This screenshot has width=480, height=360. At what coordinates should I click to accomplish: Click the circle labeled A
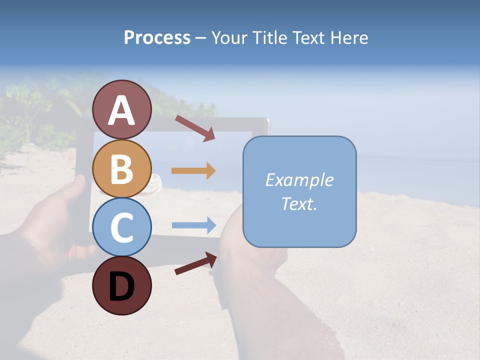pyautogui.click(x=122, y=109)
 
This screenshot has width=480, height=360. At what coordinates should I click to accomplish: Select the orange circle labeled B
pyautogui.click(x=122, y=168)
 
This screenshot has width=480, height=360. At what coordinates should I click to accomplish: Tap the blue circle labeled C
pyautogui.click(x=122, y=227)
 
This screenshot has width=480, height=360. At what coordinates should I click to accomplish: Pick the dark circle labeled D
pyautogui.click(x=122, y=285)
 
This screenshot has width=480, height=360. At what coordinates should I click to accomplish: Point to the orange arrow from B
pyautogui.click(x=193, y=170)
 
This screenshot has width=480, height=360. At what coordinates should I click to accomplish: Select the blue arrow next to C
pyautogui.click(x=193, y=225)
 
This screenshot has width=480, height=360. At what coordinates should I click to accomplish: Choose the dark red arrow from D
pyautogui.click(x=195, y=263)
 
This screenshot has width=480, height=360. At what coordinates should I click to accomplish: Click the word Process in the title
pyautogui.click(x=157, y=38)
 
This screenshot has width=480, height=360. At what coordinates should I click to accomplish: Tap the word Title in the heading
pyautogui.click(x=267, y=38)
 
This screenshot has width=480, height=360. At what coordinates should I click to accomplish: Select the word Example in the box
pyautogui.click(x=299, y=180)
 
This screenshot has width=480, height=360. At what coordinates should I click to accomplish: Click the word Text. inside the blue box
pyautogui.click(x=299, y=204)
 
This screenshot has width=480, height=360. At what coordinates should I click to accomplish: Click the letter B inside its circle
pyautogui.click(x=122, y=169)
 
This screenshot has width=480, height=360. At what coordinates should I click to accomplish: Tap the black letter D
pyautogui.click(x=122, y=286)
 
